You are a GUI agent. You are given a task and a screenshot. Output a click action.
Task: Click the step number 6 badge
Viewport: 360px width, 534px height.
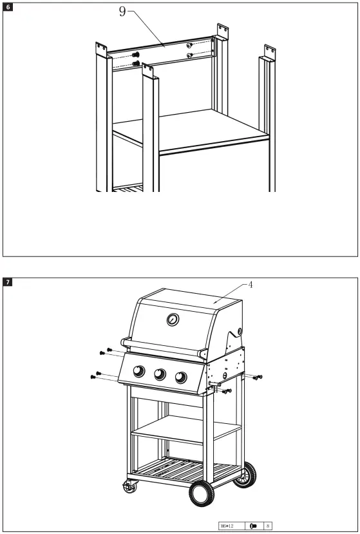(x=8, y=7)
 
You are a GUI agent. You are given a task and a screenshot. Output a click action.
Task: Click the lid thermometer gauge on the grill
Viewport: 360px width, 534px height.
(x=172, y=320)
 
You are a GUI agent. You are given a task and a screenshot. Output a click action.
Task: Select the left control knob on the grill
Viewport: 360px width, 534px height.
(x=138, y=371)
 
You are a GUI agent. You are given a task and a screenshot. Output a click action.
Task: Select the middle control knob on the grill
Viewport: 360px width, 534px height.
(x=160, y=375)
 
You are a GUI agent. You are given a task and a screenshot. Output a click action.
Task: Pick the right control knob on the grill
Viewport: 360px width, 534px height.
(x=182, y=378)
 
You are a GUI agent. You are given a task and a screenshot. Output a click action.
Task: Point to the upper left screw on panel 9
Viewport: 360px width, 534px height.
(x=137, y=55)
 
